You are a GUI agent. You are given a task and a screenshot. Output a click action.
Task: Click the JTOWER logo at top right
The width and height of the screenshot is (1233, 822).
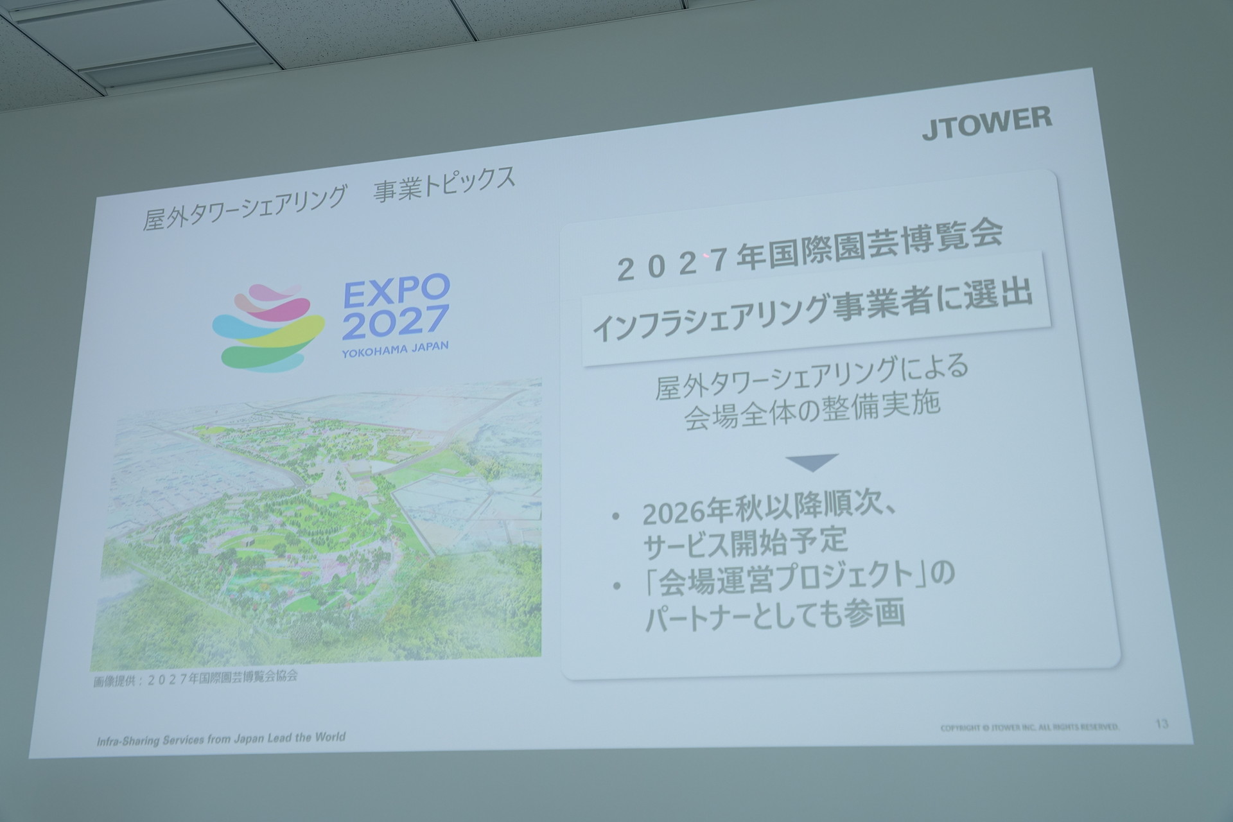pyautogui.click(x=987, y=123)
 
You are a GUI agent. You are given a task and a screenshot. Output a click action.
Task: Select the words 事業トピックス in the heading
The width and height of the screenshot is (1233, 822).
pyautogui.click(x=445, y=186)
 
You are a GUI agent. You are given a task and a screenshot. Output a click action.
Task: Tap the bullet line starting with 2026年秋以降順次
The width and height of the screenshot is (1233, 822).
pyautogui.click(x=764, y=509)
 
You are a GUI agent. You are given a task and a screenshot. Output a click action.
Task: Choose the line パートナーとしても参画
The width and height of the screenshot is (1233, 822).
pyautogui.click(x=775, y=611)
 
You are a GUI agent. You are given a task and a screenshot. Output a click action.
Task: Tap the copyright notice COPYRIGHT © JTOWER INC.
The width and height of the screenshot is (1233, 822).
pyautogui.click(x=1029, y=728)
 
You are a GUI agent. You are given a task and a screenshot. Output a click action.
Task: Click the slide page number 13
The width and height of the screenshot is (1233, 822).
pyautogui.click(x=1161, y=724)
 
